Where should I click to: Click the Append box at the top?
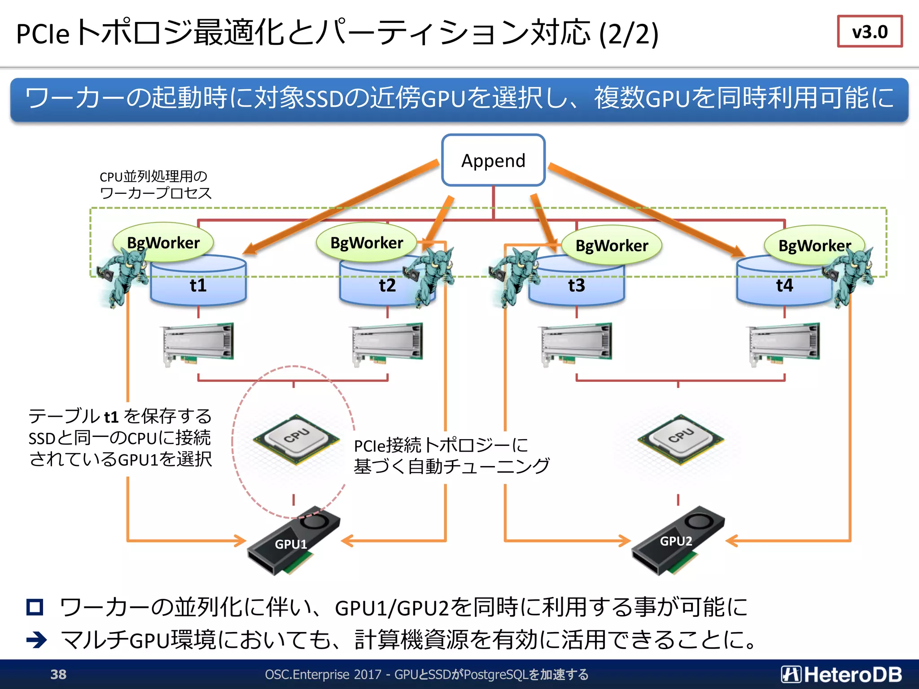pyautogui.click(x=493, y=160)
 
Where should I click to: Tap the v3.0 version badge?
pyautogui.click(x=869, y=31)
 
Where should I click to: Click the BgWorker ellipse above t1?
pyautogui.click(x=163, y=242)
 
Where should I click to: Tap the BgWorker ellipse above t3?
pyautogui.click(x=611, y=245)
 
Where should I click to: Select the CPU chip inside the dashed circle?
pyautogui.click(x=296, y=439)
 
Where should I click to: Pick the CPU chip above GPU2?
pyautogui.click(x=680, y=439)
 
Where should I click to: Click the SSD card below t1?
pyautogui.click(x=198, y=343)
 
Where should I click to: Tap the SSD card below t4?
pyautogui.click(x=783, y=343)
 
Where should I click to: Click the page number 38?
pyautogui.click(x=58, y=674)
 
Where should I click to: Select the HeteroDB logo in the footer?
pyautogui.click(x=841, y=674)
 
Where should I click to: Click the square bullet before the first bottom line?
pyautogui.click(x=35, y=607)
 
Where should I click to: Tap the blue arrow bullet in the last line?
pyautogui.click(x=36, y=640)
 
